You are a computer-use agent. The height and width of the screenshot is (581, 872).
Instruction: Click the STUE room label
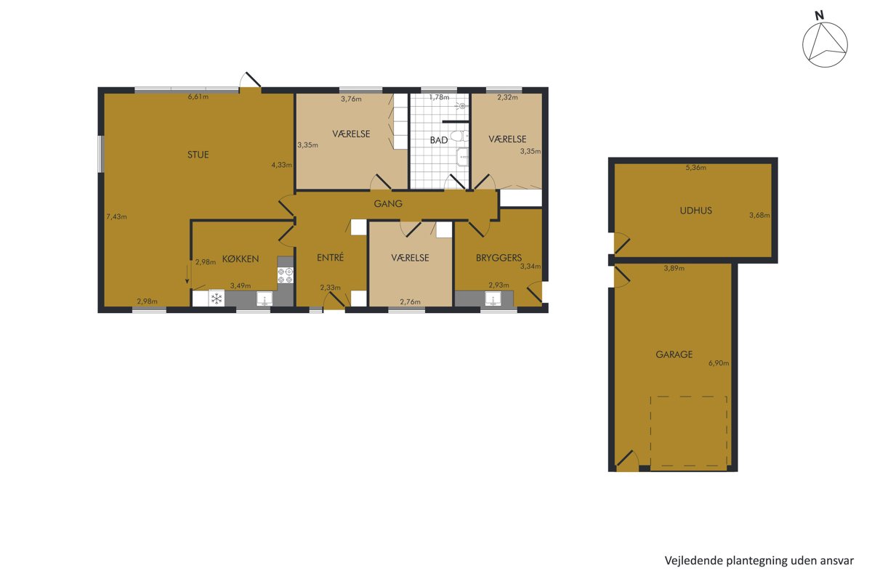[198, 155]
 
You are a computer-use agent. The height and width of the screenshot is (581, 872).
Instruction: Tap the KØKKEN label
[241, 259]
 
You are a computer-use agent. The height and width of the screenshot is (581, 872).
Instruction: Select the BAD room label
[439, 140]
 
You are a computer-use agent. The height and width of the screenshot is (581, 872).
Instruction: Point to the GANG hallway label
[388, 203]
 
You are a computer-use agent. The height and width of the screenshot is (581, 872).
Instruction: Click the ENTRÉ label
[330, 257]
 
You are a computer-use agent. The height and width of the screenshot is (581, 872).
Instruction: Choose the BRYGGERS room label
[498, 258]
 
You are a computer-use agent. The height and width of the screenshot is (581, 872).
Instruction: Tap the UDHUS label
[695, 211]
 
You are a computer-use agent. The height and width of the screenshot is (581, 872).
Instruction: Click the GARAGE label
[674, 354]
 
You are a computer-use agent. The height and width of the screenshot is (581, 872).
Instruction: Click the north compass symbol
[825, 44]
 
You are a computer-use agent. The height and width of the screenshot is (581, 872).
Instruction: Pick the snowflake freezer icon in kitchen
[217, 298]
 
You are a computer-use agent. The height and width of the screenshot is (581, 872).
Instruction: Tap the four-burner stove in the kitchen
[285, 275]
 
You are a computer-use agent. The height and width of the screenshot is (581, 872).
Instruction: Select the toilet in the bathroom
[459, 137]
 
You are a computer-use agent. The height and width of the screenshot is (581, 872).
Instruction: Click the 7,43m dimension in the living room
[116, 216]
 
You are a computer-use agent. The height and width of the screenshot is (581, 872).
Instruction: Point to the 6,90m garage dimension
[719, 363]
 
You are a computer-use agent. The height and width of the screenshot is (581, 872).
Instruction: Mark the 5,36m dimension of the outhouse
[695, 168]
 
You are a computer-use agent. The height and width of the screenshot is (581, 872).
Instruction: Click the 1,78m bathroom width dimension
[439, 97]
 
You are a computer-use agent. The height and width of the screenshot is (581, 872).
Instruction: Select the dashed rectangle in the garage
[689, 431]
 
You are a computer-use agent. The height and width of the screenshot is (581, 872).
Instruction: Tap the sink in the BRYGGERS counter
[493, 299]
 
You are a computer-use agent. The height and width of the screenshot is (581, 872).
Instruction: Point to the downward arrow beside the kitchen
[187, 274]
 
